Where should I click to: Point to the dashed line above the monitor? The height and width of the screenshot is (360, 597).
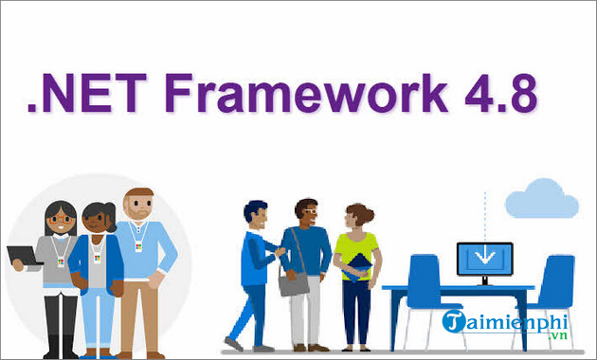[x=485, y=213]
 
